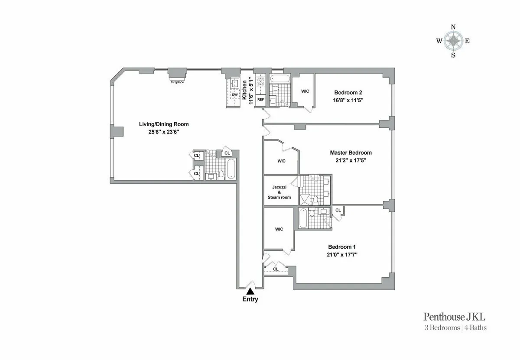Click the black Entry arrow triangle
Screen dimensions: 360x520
250,292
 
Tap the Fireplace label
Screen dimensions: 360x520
177,82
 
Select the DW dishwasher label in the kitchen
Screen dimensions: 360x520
234,94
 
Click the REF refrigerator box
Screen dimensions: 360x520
260,100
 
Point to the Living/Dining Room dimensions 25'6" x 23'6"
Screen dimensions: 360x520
163,132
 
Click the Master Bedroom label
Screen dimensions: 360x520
351,152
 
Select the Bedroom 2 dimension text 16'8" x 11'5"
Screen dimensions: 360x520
348,100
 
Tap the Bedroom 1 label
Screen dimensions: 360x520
342,247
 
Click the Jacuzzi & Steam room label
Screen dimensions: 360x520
279,192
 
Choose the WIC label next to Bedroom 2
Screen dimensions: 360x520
305,91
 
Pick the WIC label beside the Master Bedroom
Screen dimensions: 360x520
281,161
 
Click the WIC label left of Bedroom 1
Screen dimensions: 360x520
279,229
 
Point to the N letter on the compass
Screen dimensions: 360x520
453,27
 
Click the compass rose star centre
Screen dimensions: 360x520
453,41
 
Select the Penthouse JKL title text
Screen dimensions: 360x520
455,317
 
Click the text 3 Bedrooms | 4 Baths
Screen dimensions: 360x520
455,328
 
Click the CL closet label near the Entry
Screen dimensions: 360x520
275,269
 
